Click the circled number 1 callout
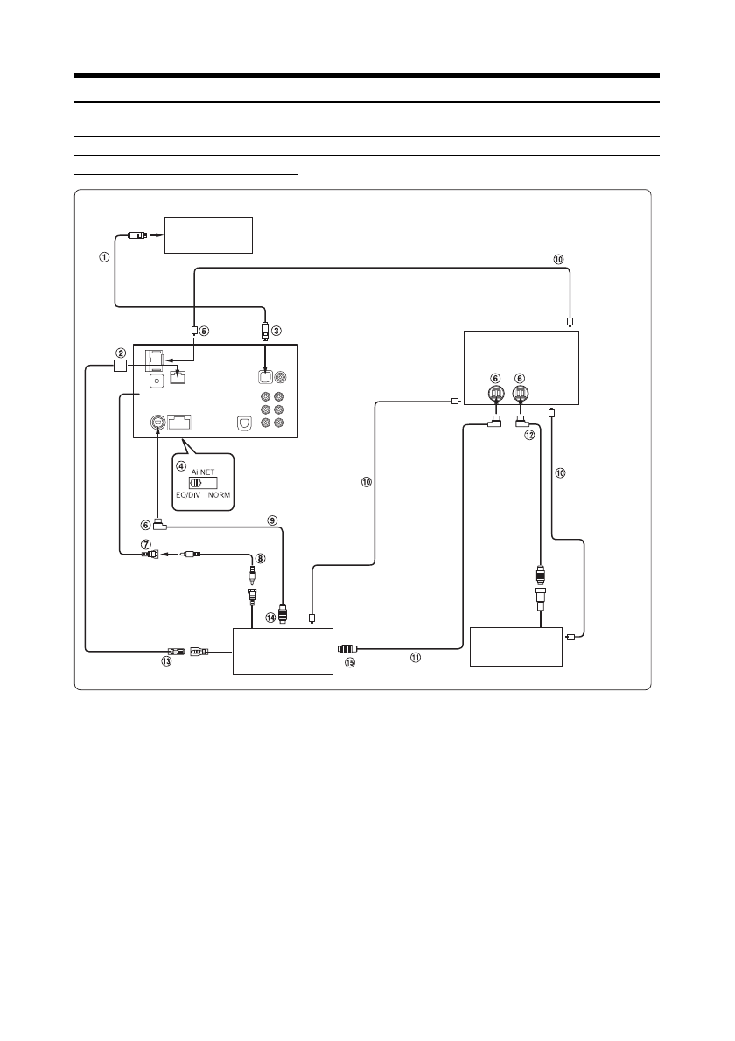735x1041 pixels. [x=104, y=257]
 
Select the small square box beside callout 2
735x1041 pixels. [x=120, y=366]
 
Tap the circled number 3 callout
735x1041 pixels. [x=276, y=330]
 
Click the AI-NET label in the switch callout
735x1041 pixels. [x=202, y=472]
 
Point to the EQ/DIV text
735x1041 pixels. [x=188, y=495]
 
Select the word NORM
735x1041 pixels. [x=219, y=495]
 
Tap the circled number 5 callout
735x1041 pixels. [x=205, y=331]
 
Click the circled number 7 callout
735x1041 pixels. [x=145, y=544]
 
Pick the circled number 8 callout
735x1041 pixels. [x=260, y=558]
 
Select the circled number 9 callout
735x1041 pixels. [x=272, y=520]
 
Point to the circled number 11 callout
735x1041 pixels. [x=415, y=658]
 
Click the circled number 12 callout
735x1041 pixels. [x=529, y=436]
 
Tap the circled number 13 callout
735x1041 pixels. [x=166, y=661]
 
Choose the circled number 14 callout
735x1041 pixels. [x=270, y=618]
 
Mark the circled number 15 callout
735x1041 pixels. [x=350, y=662]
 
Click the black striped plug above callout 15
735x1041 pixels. [x=347, y=648]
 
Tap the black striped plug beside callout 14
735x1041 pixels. [x=284, y=614]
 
